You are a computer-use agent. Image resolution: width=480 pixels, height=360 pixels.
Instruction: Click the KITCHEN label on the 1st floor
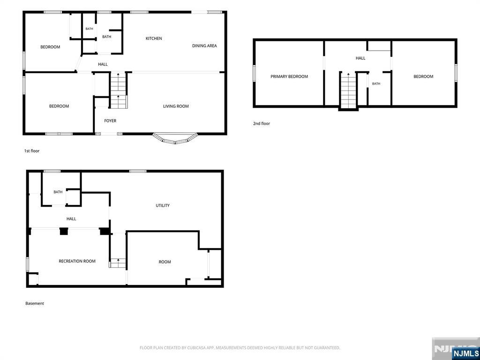(154, 38)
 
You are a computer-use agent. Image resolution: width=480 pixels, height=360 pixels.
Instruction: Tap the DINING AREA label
(204, 45)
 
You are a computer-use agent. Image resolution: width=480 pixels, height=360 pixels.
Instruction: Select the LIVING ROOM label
(176, 106)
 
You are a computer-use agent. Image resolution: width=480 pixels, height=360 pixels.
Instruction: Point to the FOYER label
(110, 121)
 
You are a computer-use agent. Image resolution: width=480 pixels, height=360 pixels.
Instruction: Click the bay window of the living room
(175, 139)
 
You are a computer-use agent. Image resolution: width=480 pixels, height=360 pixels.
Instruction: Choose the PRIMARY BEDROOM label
(289, 76)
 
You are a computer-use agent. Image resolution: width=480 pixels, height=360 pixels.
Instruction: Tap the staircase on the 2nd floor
(348, 90)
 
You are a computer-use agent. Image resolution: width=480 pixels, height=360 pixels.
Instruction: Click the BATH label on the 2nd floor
(376, 83)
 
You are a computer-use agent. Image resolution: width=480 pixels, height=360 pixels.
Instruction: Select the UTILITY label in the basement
(163, 205)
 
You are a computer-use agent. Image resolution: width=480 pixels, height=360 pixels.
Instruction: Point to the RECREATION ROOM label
(77, 261)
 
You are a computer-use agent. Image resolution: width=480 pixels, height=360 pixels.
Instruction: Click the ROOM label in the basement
(165, 262)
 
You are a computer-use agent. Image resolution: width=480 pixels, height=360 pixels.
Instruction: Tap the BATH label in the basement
(58, 192)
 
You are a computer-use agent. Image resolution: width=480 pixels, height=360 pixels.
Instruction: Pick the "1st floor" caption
(32, 151)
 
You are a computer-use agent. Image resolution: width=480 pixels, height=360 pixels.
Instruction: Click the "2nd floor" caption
(262, 124)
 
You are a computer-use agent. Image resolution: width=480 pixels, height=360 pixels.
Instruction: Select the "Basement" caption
(35, 303)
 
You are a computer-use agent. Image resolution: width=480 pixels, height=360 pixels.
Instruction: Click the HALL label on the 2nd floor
(360, 58)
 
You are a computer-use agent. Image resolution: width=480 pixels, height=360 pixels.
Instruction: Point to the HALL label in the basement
(71, 219)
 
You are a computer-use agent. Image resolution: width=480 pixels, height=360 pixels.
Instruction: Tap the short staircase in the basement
(118, 263)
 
